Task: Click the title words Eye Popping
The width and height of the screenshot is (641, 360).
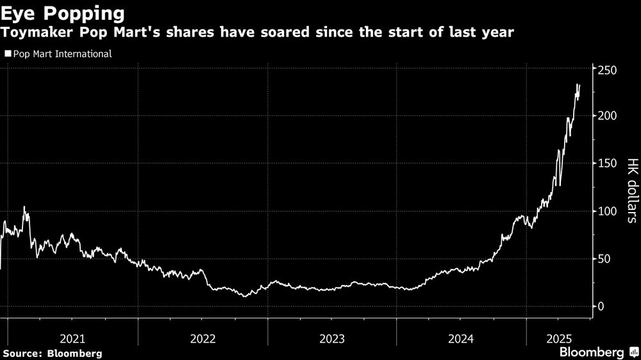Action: click(63, 13)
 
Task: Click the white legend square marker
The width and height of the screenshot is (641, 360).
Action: click(8, 54)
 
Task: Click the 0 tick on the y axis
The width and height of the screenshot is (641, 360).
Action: click(601, 306)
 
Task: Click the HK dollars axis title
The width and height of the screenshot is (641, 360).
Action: click(631, 190)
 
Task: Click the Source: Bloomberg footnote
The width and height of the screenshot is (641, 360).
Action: click(52, 353)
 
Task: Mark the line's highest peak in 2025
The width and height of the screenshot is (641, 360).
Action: click(579, 84)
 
